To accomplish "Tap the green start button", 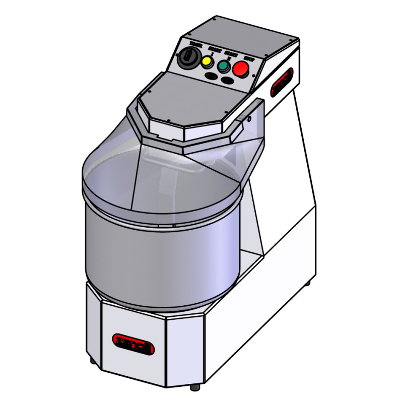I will tap(223, 65).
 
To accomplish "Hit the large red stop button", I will tap(240, 68).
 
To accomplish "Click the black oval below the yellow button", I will tap(212, 76).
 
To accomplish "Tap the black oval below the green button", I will tap(228, 81).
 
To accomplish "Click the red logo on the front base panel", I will tap(133, 344).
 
